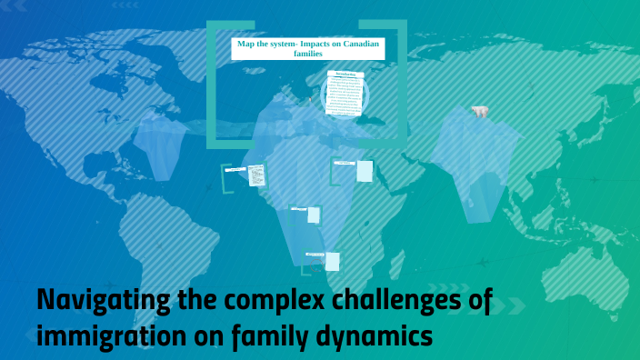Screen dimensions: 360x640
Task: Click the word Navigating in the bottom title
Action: coord(100,301)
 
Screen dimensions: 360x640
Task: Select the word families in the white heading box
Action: coord(308,54)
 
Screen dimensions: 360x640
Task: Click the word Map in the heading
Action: coord(246,44)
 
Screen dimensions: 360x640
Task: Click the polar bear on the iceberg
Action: coord(479,113)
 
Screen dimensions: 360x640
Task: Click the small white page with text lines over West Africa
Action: coord(257,174)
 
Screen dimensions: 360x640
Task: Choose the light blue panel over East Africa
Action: coord(365,171)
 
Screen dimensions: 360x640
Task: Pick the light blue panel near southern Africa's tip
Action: coord(333,262)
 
